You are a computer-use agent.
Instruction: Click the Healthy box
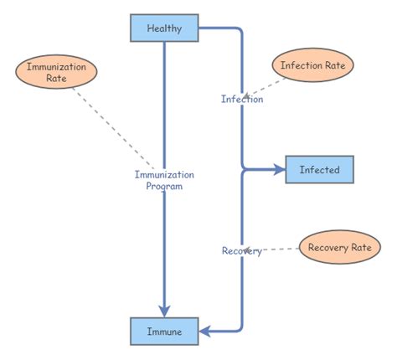(x=164, y=28)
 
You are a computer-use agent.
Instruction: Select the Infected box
(x=319, y=170)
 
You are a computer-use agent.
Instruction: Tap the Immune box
(x=164, y=332)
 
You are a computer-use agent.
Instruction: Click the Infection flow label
(x=242, y=99)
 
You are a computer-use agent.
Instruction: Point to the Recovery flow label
(x=241, y=251)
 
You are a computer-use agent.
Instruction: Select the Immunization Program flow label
(x=164, y=181)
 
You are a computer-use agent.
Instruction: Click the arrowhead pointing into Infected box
(x=279, y=170)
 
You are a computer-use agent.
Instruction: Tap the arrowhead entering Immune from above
(x=164, y=311)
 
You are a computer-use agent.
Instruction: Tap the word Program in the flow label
(x=164, y=188)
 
